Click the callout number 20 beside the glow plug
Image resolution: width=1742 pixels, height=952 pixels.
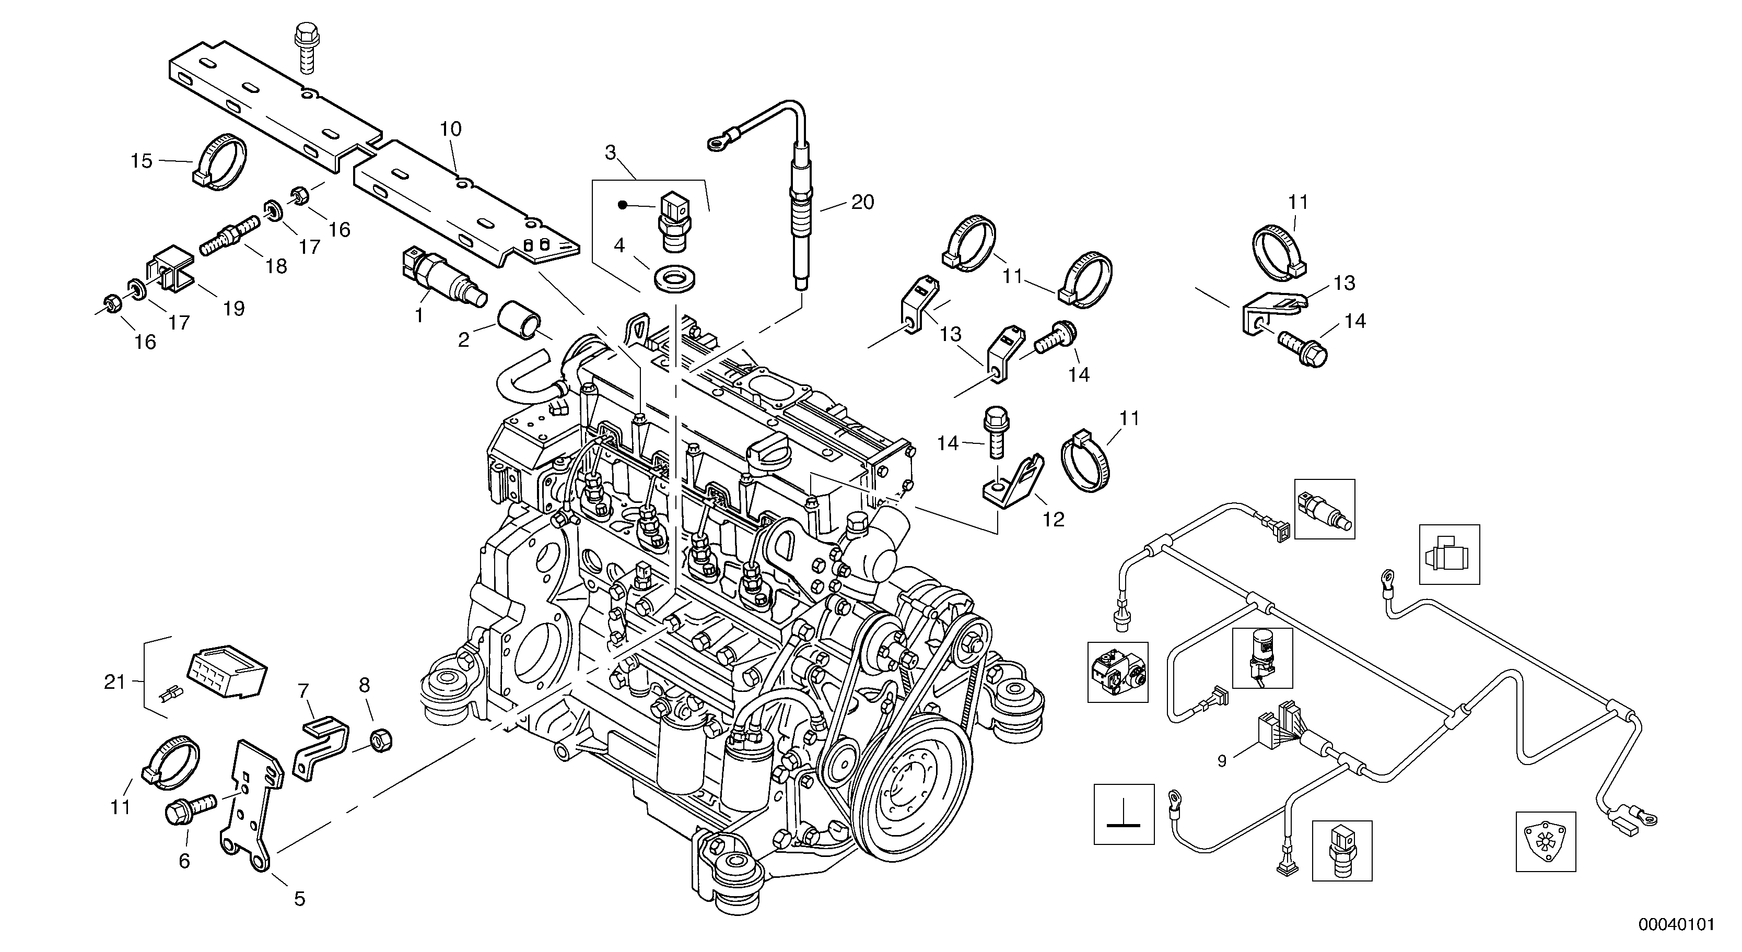(x=862, y=202)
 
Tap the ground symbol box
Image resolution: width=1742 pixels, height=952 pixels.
(x=1124, y=814)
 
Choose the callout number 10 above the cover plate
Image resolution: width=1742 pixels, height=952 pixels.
(x=451, y=128)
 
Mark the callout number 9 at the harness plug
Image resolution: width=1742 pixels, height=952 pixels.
(x=1222, y=761)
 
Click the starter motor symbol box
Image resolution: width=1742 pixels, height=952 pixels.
(x=1449, y=555)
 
